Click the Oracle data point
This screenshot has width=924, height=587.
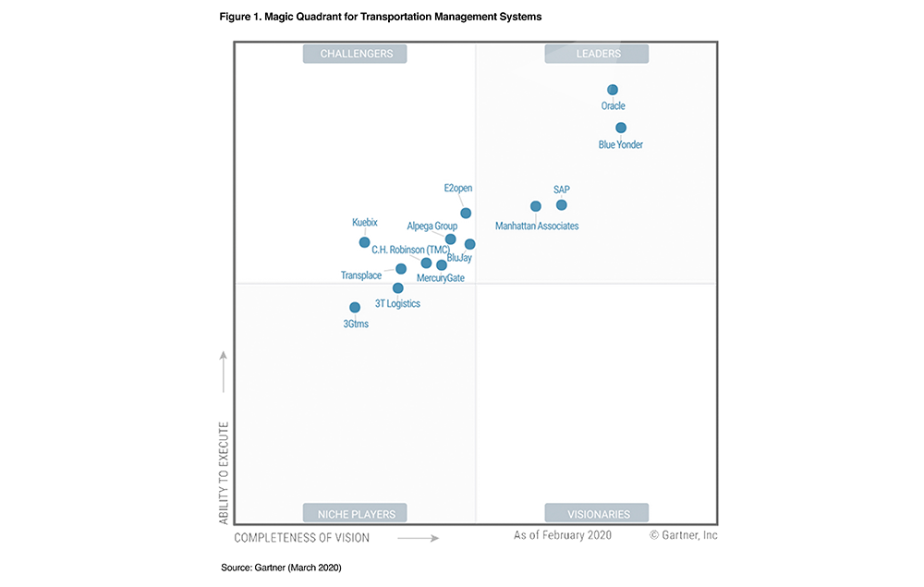tap(612, 90)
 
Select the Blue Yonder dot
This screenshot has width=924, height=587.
tap(621, 128)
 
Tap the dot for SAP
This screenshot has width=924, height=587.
tap(561, 205)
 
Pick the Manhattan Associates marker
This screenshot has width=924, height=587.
tap(535, 206)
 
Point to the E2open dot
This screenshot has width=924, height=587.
tap(466, 214)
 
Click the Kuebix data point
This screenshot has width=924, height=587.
tap(364, 242)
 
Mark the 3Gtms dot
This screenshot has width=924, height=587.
tap(354, 307)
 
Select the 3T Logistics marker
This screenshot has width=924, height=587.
tap(397, 287)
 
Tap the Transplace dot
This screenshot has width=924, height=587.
tap(400, 269)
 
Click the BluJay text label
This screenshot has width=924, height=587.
tap(459, 258)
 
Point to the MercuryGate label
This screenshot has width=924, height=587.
tap(441, 278)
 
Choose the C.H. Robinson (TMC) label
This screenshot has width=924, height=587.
tap(411, 250)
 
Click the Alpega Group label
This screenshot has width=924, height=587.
tap(432, 226)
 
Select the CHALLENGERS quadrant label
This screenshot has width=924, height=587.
tap(356, 54)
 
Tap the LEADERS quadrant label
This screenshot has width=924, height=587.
tap(598, 54)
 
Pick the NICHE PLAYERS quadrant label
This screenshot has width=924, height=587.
tap(356, 514)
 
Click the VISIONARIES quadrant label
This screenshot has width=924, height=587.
tap(598, 514)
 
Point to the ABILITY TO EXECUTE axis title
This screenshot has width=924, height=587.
tap(224, 473)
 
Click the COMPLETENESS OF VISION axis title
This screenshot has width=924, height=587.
tap(302, 537)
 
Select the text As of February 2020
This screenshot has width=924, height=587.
tap(563, 535)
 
